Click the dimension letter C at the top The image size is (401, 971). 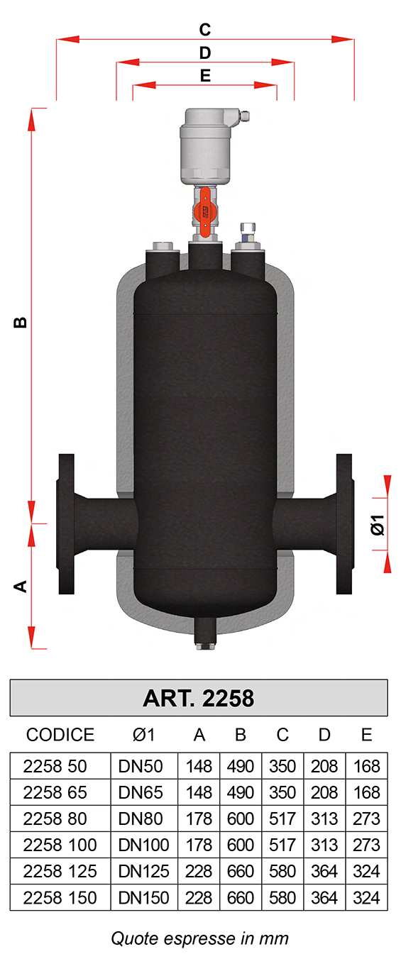pos(205,30)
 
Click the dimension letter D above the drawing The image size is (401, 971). pos(205,53)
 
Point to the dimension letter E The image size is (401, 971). pos(205,76)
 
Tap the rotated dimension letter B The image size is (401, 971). pos(21,323)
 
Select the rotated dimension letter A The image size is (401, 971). pos(21,587)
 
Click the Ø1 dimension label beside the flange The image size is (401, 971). pos(378,525)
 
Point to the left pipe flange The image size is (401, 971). pos(66,523)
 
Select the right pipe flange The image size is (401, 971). pos(345,523)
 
